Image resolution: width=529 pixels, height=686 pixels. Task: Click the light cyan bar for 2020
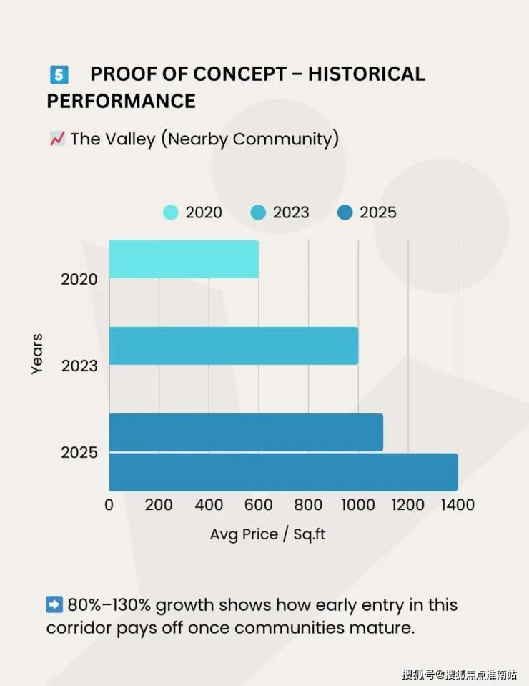coord(184,259)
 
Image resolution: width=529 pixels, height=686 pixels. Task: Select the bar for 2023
coord(234,346)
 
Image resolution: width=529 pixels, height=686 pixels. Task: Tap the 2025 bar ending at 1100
coord(246,432)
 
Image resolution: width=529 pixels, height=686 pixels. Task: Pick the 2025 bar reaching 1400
coord(283,472)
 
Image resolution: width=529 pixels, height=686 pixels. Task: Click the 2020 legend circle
coord(171,212)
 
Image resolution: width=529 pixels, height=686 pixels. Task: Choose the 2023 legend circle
coord(258,212)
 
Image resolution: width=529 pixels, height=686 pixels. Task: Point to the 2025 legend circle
coord(345,212)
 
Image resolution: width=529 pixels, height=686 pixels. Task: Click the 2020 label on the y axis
coord(79,279)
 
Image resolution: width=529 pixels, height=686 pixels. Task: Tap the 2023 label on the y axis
coord(79,366)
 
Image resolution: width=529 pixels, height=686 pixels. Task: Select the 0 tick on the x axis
coord(109,505)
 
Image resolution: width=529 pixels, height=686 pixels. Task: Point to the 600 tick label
coord(258,505)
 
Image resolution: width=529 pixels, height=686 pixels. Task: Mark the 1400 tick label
coord(457,505)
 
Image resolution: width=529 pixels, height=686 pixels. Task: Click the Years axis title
coord(37,353)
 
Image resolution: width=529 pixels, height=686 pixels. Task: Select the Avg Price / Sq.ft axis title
coord(267,534)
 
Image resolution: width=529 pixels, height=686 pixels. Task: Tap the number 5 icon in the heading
coord(59,74)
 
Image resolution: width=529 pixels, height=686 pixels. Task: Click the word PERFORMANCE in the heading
coord(121,101)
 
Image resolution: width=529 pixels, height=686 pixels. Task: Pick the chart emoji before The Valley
coord(57,139)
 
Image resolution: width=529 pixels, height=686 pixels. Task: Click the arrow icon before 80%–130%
coord(54,604)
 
